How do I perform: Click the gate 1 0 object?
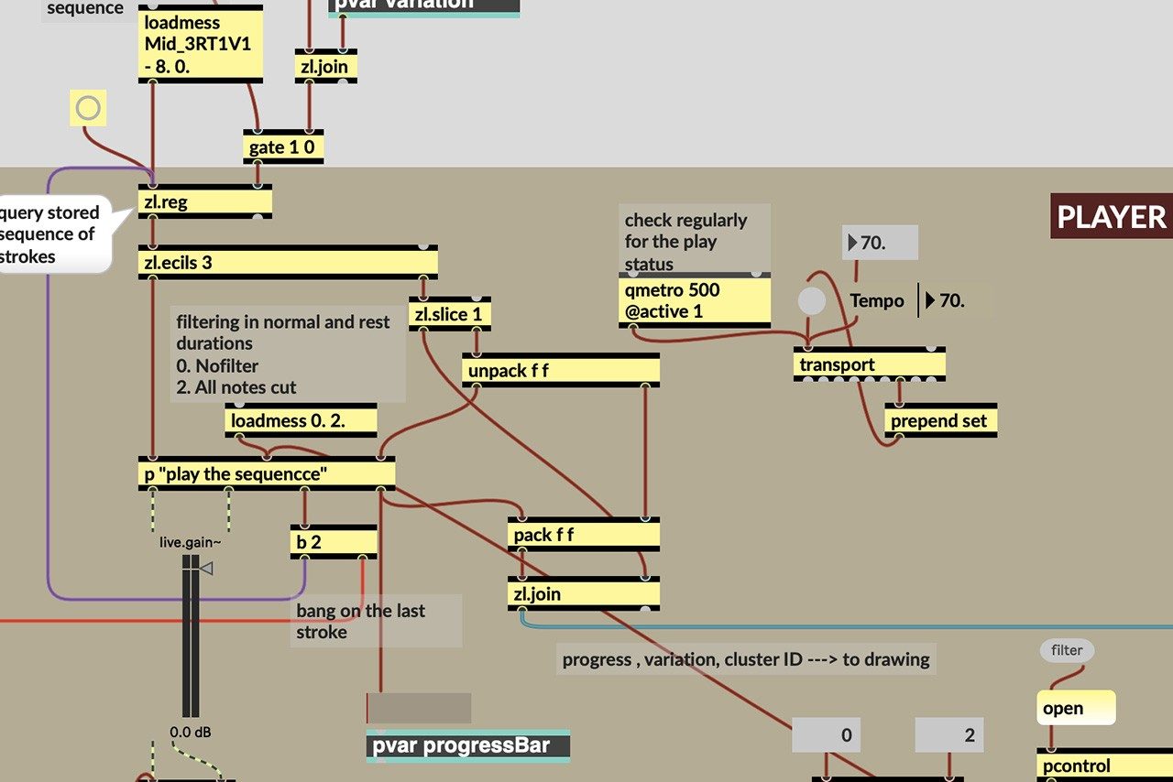click(x=285, y=147)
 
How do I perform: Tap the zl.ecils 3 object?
click(x=288, y=263)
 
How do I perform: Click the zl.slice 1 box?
click(x=450, y=314)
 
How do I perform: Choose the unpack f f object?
click(x=560, y=371)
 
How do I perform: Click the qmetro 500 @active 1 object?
click(x=694, y=301)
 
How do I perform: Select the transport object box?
click(x=869, y=364)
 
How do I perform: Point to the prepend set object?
click(x=940, y=421)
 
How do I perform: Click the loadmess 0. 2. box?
click(x=301, y=421)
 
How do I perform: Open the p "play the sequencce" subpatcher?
click(x=266, y=473)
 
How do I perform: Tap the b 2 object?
click(x=334, y=541)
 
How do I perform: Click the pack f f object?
click(x=583, y=535)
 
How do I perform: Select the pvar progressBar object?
click(x=467, y=745)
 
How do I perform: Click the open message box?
click(x=1077, y=708)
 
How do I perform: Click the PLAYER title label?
click(x=1111, y=217)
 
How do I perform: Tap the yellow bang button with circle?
click(x=88, y=109)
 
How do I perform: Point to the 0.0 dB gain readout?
click(x=192, y=733)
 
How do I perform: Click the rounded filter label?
click(x=1067, y=650)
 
